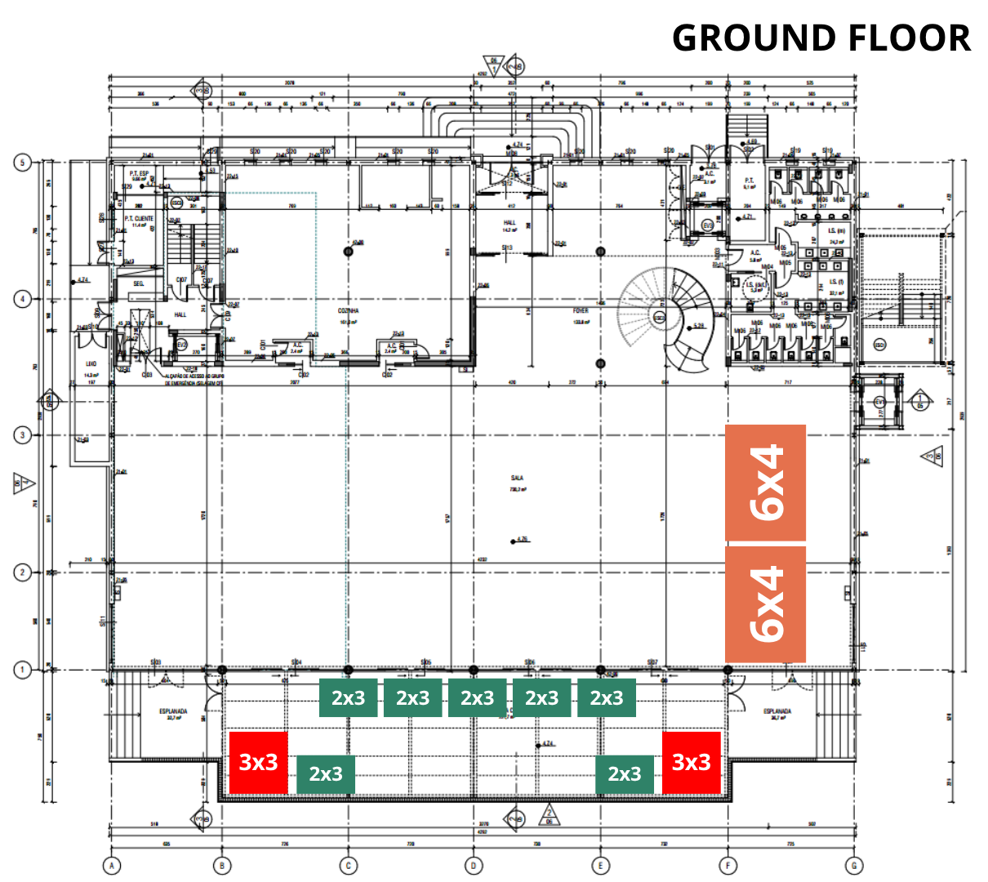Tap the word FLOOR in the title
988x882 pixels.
coord(907,38)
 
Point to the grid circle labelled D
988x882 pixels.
coord(474,866)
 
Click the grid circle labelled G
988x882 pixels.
coord(854,866)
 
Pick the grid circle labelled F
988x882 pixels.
coord(728,866)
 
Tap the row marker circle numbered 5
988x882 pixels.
coord(23,163)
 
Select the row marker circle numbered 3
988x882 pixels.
coord(23,435)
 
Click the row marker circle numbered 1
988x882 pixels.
coord(23,670)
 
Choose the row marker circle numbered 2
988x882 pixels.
coord(23,572)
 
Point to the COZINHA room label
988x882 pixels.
coord(349,311)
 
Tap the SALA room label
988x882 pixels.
coord(517,478)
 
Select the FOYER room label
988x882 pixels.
coord(581,310)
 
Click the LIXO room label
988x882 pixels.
coord(91,364)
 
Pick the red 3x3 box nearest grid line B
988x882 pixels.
coord(259,762)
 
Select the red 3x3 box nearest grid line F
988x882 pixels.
coord(691,762)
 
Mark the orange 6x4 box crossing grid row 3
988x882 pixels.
coord(766,483)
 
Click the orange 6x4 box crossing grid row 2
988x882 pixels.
coord(766,604)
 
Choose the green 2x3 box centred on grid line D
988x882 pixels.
coord(477,698)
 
